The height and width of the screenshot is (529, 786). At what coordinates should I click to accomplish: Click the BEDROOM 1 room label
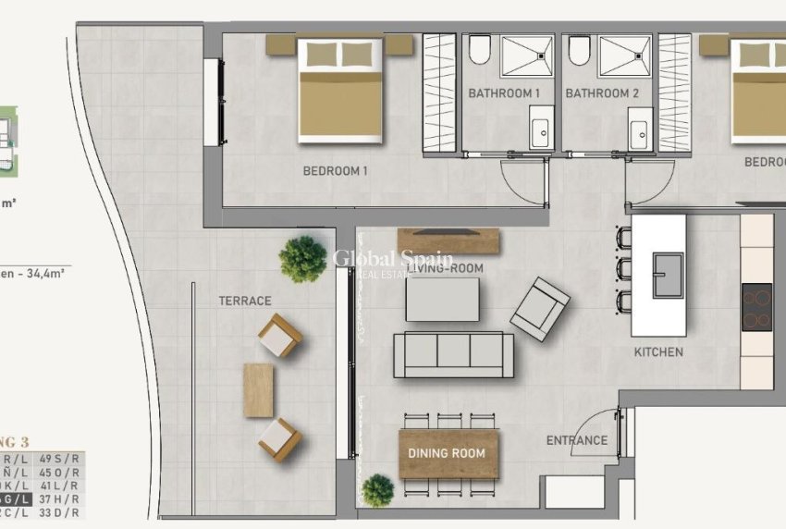(x=336, y=171)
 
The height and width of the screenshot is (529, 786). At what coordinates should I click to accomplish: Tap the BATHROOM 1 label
(x=504, y=93)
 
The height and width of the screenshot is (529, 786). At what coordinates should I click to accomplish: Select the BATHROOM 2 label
(x=602, y=93)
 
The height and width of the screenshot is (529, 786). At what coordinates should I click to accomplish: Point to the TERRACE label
(x=245, y=301)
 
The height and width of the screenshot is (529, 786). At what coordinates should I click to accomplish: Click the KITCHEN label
(x=658, y=351)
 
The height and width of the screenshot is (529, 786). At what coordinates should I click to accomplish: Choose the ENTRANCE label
(x=577, y=441)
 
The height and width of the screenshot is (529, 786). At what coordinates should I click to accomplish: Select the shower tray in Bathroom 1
(x=527, y=55)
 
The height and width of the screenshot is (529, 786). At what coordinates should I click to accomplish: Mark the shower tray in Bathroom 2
(x=624, y=55)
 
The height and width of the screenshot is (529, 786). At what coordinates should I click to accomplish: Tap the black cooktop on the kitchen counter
(x=756, y=307)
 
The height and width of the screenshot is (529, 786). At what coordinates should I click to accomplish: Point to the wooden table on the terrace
(x=258, y=389)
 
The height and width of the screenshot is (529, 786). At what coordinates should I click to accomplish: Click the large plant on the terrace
(x=303, y=259)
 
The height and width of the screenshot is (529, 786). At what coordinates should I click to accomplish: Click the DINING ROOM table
(x=448, y=454)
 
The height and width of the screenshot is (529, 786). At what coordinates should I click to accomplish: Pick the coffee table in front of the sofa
(x=442, y=299)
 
